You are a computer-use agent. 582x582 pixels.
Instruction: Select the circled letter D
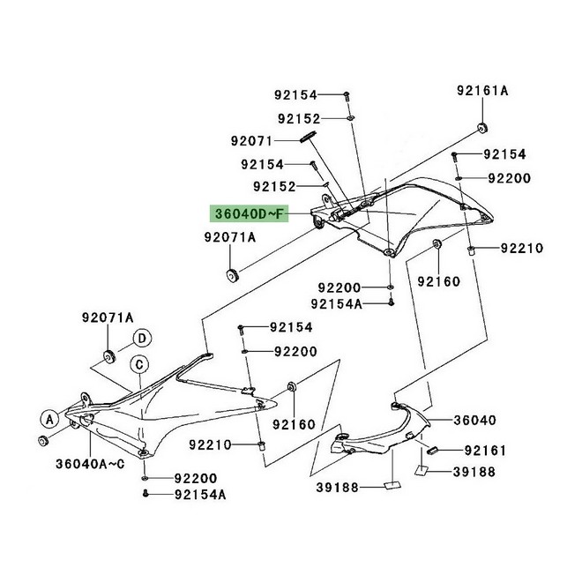pyautogui.click(x=141, y=338)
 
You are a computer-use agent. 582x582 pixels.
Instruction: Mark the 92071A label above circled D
pyautogui.click(x=108, y=317)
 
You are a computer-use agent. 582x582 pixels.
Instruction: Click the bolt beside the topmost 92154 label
pyautogui.click(x=346, y=94)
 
